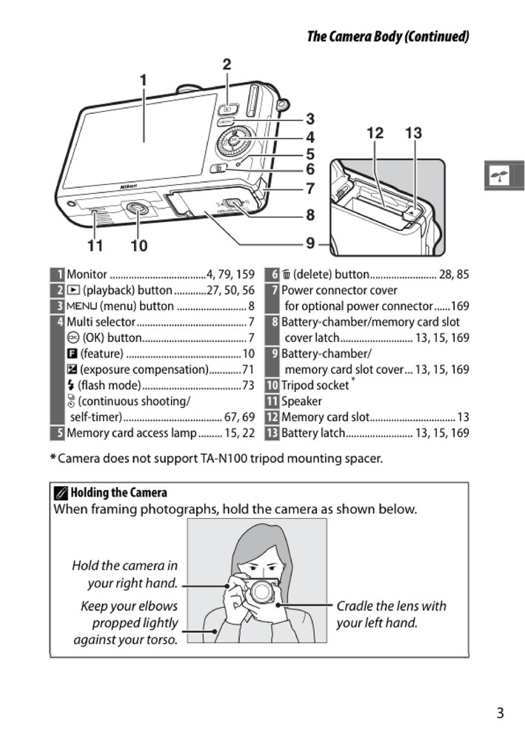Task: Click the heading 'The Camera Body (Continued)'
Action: (388, 36)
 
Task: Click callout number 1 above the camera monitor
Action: (143, 80)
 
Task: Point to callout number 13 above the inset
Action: (413, 133)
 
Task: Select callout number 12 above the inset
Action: (375, 133)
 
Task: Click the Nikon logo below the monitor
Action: (129, 186)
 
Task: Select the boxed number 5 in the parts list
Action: (58, 433)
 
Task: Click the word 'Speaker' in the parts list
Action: (301, 401)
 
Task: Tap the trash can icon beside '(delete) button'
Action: (286, 275)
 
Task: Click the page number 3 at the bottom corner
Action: (500, 713)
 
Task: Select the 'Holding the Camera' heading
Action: (118, 493)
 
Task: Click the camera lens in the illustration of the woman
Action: (261, 591)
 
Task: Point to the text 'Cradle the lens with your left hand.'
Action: (391, 614)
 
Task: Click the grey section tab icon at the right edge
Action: (504, 175)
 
